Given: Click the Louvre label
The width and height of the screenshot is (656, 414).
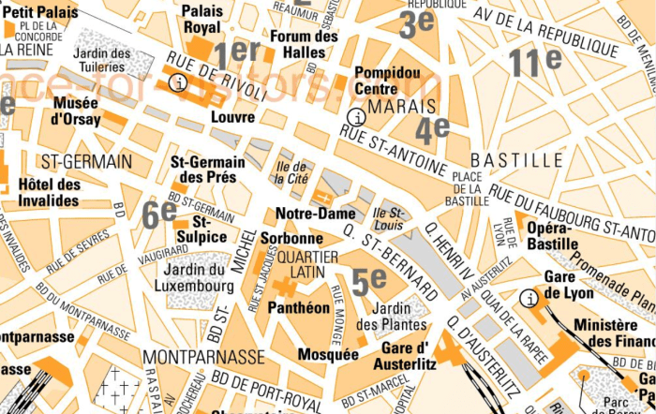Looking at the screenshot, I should (232, 117).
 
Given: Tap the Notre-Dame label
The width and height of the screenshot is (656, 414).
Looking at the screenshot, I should (315, 214).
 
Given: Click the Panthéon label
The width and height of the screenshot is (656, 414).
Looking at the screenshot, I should (298, 307).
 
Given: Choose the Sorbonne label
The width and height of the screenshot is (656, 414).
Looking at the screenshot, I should (291, 238).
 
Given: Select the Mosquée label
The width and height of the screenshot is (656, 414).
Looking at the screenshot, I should (327, 354).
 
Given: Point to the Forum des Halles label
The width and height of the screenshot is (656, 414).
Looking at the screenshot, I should (303, 44).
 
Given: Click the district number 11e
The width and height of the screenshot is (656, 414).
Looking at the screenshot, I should (535, 61).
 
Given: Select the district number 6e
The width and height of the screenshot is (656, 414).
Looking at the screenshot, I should (159, 214).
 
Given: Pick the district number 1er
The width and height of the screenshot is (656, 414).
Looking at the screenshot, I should (236, 54).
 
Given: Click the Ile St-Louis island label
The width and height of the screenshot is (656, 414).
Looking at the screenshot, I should (387, 218).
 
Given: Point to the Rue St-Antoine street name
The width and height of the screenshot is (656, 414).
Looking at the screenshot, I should (393, 151).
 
